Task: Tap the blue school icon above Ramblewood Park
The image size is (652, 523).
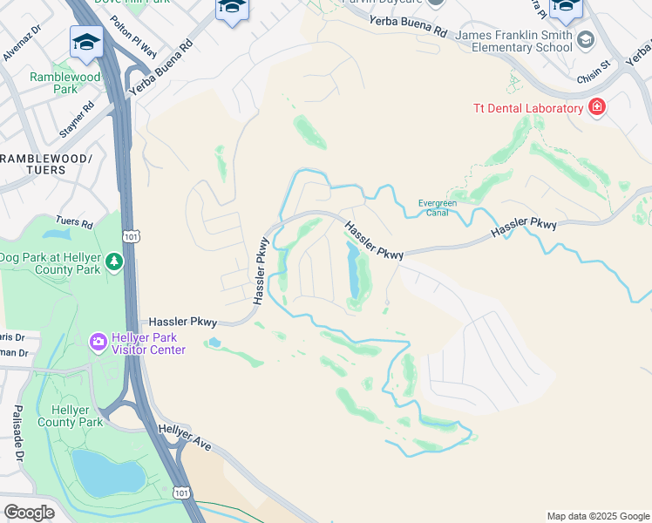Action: (87, 43)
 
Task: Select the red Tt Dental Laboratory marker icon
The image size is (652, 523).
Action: (597, 108)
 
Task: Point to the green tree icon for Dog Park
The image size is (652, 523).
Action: (113, 261)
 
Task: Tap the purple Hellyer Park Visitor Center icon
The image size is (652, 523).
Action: (98, 340)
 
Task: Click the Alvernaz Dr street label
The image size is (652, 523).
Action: (22, 43)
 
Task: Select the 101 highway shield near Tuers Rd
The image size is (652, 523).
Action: (130, 235)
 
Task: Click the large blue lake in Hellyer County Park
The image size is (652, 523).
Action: (106, 472)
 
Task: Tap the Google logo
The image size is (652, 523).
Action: (29, 512)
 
